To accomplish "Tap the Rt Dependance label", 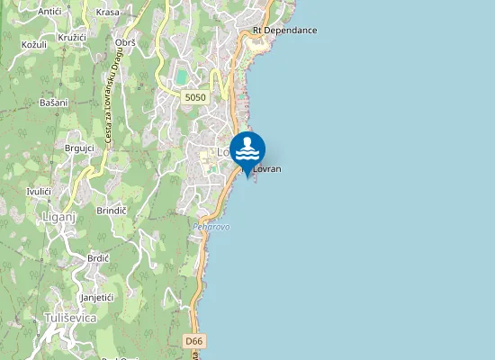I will pyautogui.click(x=284, y=31).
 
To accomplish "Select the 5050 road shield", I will pyautogui.click(x=193, y=97).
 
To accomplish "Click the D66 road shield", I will pyautogui.click(x=194, y=342).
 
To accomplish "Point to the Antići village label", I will pyautogui.click(x=50, y=12).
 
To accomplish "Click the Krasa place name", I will pyautogui.click(x=107, y=13).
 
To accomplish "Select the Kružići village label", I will pyautogui.click(x=72, y=38).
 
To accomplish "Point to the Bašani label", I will pyautogui.click(x=54, y=103).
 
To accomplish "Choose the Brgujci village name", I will pyautogui.click(x=80, y=148).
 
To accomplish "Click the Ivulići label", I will pyautogui.click(x=39, y=192).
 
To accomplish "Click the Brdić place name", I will pyautogui.click(x=98, y=257).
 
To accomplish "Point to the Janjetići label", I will pyautogui.click(x=96, y=297).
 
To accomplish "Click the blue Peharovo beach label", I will pyautogui.click(x=211, y=227).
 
